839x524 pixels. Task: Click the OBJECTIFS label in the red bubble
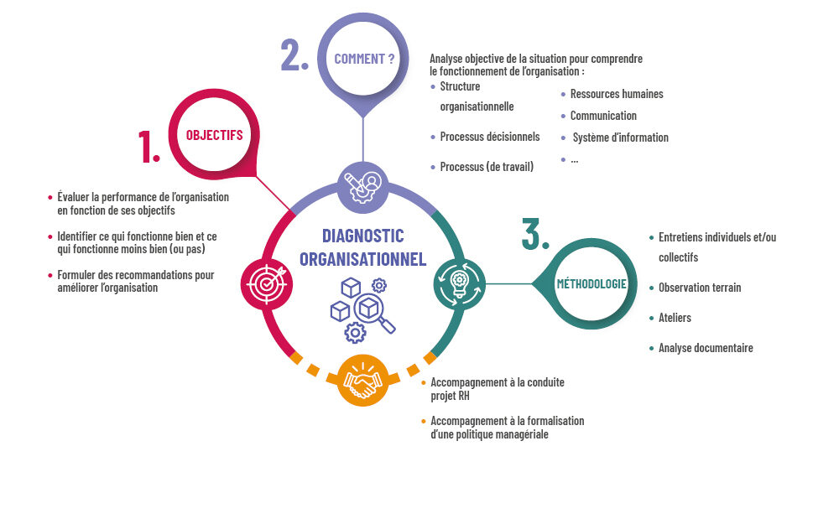click(214, 134)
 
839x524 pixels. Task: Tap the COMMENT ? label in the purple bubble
click(364, 59)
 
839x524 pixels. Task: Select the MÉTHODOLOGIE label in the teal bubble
click(591, 283)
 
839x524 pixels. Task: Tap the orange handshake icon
click(363, 380)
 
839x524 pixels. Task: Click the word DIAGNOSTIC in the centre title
click(362, 236)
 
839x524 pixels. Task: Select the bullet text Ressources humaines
click(617, 94)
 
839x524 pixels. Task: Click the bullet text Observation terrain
click(700, 288)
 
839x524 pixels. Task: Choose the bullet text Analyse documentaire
click(706, 348)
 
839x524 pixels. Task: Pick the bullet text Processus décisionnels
click(490, 137)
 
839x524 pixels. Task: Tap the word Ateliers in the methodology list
click(675, 318)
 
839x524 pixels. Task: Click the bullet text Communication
click(603, 116)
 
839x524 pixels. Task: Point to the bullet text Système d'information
click(620, 137)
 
